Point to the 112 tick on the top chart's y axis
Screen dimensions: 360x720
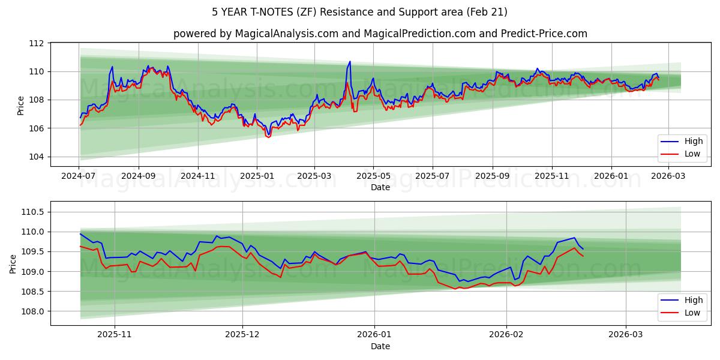coord(37,43)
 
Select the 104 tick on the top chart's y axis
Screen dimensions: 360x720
coord(37,157)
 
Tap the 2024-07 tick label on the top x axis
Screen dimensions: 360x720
coord(79,176)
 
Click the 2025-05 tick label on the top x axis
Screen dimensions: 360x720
coord(373,176)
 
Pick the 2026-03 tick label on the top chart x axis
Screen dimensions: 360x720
coord(669,176)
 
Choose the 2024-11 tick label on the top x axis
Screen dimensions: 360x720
coord(197,176)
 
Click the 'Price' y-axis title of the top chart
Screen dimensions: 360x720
coord(21,105)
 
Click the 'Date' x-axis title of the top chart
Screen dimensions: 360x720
coord(380,187)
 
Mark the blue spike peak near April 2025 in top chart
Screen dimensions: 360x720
coord(350,61)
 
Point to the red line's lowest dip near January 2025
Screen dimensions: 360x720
coord(268,137)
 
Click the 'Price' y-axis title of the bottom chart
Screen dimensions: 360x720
coord(13,263)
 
